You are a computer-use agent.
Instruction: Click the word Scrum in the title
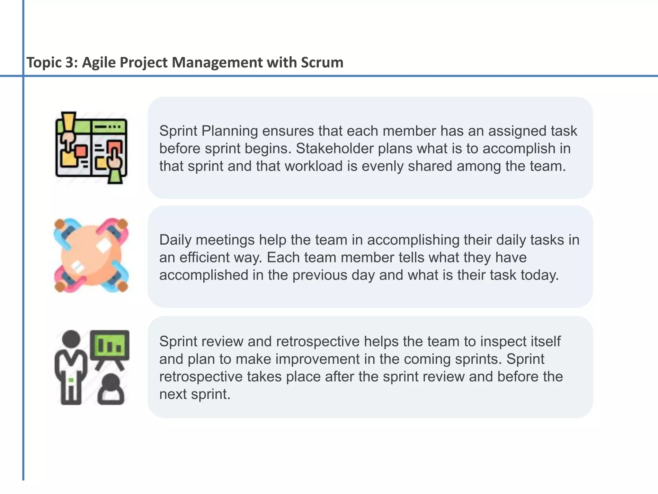coord(322,62)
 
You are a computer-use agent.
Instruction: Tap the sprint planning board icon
coord(92,148)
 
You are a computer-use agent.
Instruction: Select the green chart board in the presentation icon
coord(110,345)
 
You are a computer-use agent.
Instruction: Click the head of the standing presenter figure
coord(71,339)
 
